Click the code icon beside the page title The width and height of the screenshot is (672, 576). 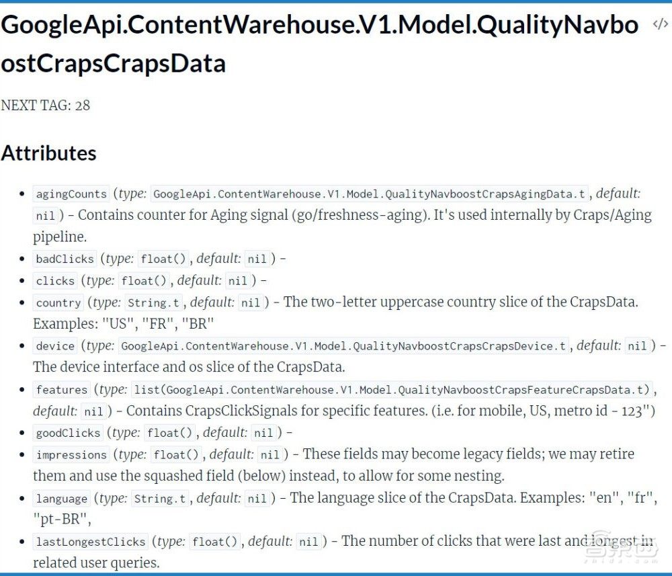coord(660,24)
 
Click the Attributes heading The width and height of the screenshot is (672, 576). coord(49,153)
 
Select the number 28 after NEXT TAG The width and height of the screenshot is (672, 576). coord(82,106)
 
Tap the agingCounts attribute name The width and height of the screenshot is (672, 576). coord(71,194)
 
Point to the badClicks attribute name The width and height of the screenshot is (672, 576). coord(65,259)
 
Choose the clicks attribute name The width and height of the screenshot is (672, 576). coord(55,281)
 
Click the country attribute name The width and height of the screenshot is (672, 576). coord(58,302)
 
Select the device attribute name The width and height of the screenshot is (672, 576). coord(55,346)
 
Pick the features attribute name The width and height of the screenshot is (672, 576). coord(62,390)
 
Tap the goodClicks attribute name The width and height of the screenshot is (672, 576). coord(68,433)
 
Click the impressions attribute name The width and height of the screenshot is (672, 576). coord(71,455)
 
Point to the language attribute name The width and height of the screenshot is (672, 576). coord(62,499)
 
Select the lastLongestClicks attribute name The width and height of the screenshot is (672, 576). coord(91,542)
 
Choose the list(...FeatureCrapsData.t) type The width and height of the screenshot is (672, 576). coord(392,390)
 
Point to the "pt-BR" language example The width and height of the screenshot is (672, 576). coord(62,520)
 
